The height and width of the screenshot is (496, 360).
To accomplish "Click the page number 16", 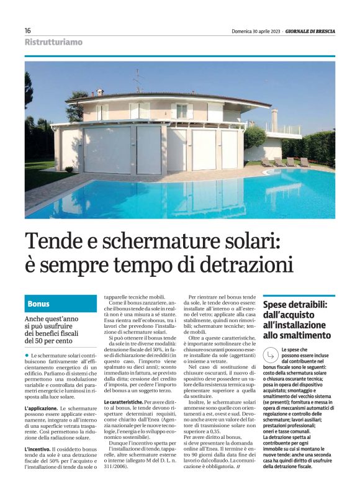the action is pos(28,30).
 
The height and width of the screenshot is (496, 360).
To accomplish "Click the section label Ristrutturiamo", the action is pos(53,42).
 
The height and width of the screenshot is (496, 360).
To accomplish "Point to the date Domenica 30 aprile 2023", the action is pos(250,30).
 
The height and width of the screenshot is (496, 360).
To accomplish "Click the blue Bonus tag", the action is pos(38,304).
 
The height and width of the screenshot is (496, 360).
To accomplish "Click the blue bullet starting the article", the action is pos(27,354).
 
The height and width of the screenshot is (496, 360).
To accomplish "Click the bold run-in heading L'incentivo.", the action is pos(40,448).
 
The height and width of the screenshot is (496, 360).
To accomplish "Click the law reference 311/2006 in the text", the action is pos(117,465).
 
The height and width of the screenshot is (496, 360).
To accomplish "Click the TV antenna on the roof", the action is pos(138,78).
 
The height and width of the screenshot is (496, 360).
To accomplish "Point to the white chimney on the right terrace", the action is pos(274,120).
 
